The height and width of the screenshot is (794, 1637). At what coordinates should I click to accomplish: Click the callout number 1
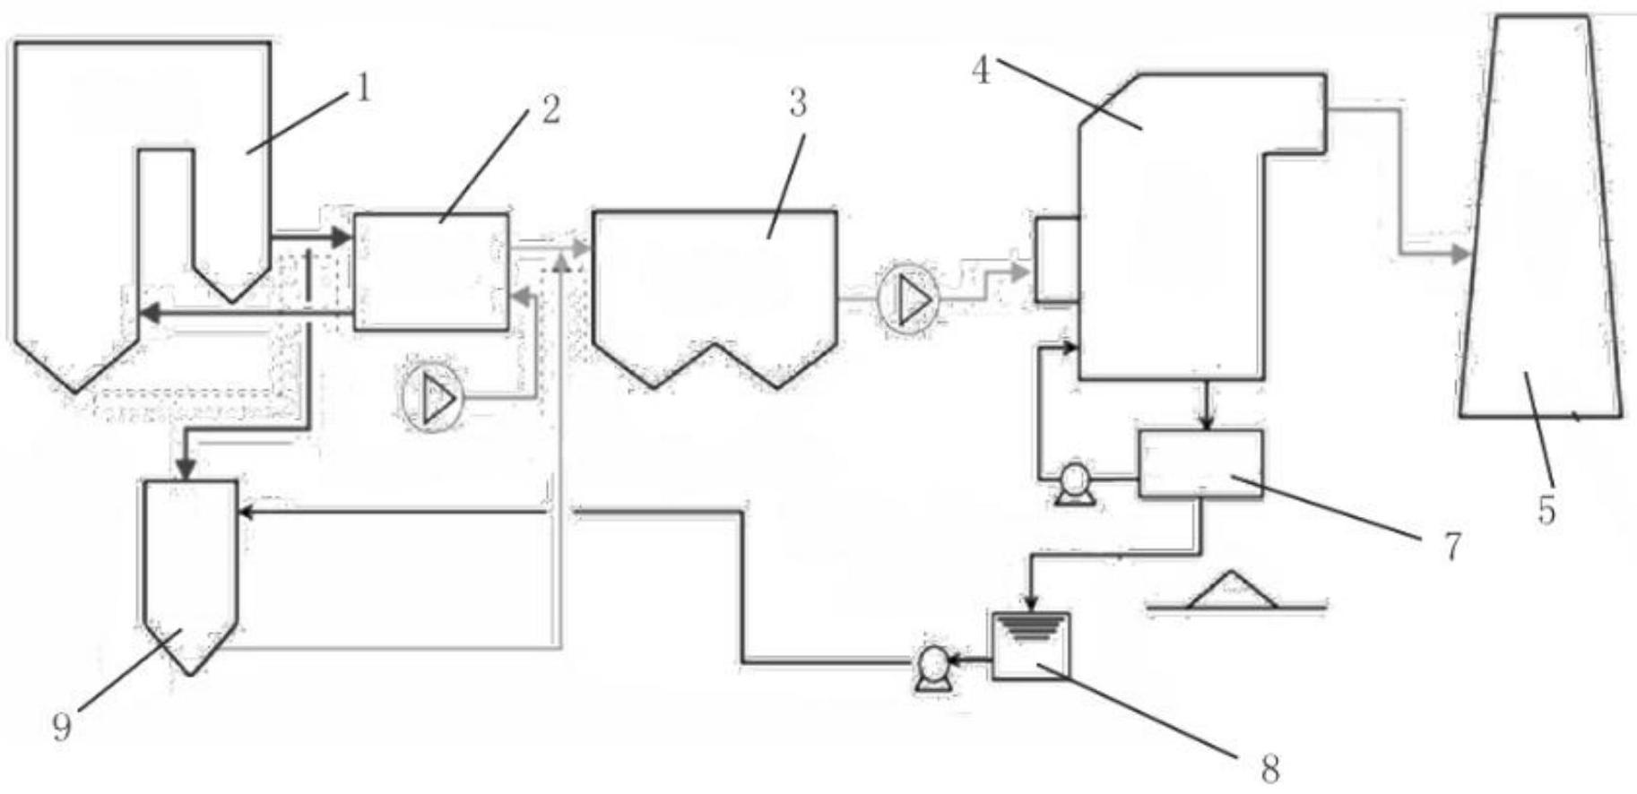361,89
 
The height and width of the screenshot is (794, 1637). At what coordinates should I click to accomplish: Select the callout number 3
797,104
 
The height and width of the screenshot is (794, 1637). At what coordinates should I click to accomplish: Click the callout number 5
1546,511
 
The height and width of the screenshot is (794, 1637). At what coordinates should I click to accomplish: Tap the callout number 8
1269,768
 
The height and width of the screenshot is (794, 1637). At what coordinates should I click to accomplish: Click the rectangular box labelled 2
431,272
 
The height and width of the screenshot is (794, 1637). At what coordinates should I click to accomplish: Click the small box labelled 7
1200,462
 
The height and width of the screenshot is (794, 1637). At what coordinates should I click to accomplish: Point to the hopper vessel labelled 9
191,569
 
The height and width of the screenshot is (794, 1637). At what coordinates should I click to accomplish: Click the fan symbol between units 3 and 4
908,298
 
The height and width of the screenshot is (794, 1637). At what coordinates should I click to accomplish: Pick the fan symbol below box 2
432,397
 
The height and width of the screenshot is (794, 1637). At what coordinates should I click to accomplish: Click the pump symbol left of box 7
1072,485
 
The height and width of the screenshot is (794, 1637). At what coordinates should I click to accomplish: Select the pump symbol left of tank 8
932,668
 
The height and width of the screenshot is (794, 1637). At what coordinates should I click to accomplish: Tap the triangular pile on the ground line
1233,591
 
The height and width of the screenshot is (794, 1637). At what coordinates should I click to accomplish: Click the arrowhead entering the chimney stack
1459,255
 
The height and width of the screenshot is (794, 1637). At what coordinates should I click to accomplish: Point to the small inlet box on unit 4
1056,259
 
